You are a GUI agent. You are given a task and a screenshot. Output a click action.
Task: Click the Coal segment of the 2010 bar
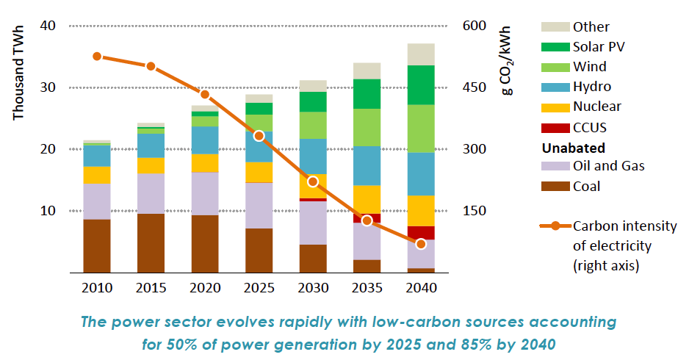point(97,245)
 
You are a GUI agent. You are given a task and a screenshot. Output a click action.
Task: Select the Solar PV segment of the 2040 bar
point(421,84)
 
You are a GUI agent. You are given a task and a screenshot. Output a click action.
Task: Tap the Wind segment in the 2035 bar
point(367,127)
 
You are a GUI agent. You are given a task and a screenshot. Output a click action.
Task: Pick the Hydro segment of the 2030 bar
point(313,156)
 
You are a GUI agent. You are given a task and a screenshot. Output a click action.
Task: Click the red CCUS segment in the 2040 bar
point(421,232)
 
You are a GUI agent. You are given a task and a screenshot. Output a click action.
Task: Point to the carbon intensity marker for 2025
point(259,136)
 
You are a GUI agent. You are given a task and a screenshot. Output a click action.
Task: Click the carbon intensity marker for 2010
point(97,57)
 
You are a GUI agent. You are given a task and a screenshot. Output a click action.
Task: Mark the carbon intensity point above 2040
point(421,244)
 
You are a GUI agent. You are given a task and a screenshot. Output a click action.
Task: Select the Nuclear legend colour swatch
point(555,107)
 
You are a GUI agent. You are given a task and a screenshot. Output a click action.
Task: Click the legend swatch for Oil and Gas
point(555,166)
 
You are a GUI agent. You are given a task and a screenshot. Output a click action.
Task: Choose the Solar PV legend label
point(599,47)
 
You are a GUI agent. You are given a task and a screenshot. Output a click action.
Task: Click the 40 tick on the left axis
point(48,26)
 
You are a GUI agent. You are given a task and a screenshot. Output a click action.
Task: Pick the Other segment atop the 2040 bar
point(421,54)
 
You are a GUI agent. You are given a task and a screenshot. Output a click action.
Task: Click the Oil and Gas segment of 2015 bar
point(151,193)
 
